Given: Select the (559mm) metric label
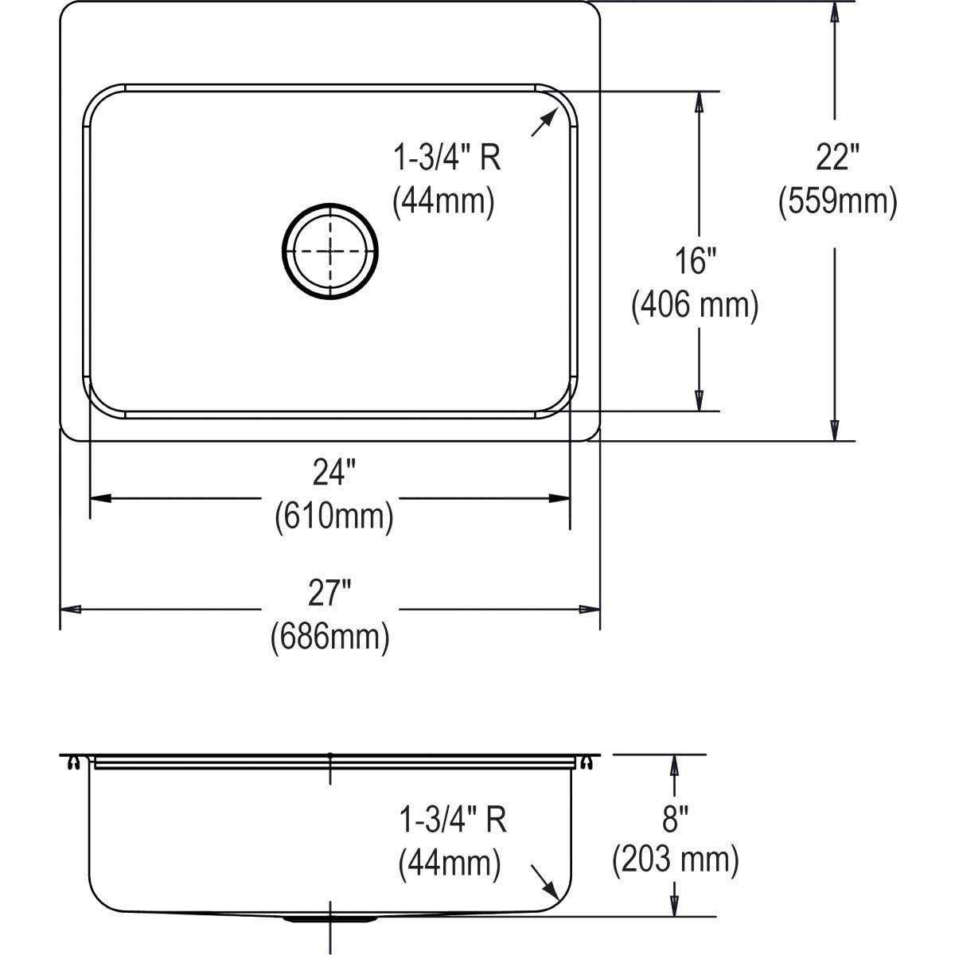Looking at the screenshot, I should click(x=838, y=201).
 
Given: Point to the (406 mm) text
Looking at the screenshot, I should click(x=694, y=305).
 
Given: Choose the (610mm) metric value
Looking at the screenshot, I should click(x=333, y=517).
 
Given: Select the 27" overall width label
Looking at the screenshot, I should click(x=329, y=593).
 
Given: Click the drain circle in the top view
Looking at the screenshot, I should click(x=329, y=251).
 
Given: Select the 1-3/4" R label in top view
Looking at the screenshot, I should click(x=446, y=158).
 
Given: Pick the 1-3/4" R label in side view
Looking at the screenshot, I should click(x=453, y=819).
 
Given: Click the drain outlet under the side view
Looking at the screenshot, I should click(x=329, y=919).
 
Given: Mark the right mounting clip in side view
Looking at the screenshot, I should click(x=587, y=763).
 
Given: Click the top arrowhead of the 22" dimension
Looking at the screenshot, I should click(x=834, y=13).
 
